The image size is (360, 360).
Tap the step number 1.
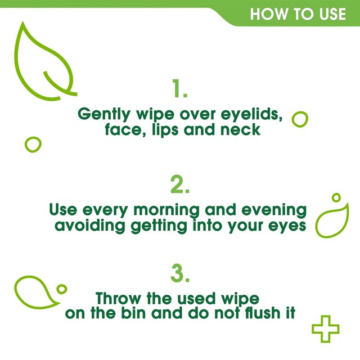pos(179,89)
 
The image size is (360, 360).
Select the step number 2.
pos(180,184)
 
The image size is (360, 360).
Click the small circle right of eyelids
pos(300,119)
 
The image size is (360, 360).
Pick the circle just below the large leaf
pos(33,144)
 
